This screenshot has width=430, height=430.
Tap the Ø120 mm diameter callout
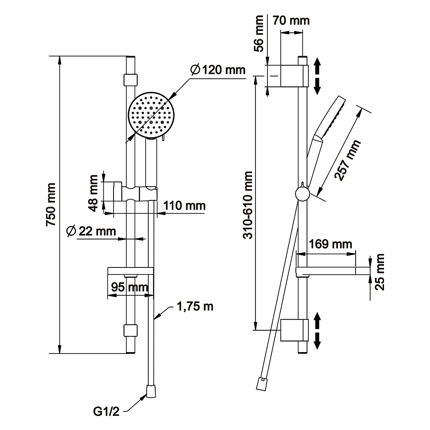217,69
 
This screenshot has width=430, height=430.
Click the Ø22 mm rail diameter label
91,231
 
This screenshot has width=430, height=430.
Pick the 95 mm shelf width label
129,287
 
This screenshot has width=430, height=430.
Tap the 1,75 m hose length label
195,307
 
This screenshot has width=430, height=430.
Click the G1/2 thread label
106,412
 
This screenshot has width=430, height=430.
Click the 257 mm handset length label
347,161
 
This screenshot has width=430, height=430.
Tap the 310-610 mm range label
248,204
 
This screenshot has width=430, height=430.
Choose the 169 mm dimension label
332,244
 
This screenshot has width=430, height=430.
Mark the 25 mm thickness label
380,272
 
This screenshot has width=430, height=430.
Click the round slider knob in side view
303,194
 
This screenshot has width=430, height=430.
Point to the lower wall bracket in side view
294,330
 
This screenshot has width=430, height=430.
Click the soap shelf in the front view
130,271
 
